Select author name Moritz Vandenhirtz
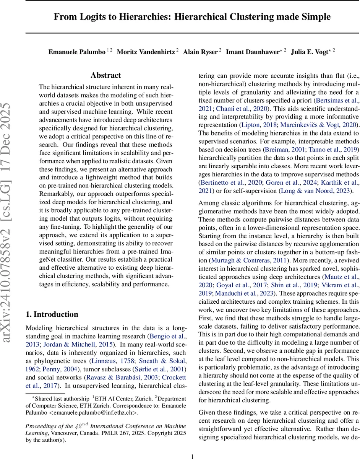[x=146, y=52]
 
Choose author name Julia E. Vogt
[x=310, y=52]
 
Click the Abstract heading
[x=106, y=75]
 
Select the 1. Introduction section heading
[x=52, y=314]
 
